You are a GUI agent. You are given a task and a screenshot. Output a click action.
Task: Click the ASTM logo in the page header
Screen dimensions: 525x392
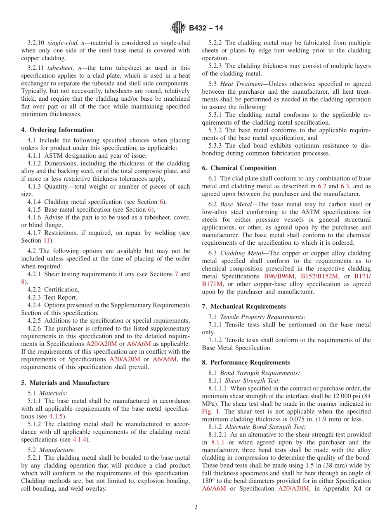click(178, 28)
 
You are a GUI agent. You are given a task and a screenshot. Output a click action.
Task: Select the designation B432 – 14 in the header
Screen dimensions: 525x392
click(206, 28)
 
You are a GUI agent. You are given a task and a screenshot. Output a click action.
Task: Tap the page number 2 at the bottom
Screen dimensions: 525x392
click(196, 507)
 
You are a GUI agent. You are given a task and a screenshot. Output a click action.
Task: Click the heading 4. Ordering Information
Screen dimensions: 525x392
click(57, 130)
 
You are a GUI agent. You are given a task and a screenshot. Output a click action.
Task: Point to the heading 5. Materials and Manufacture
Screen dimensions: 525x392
click(65, 383)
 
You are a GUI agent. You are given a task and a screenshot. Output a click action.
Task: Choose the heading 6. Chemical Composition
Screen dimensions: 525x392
click(239, 168)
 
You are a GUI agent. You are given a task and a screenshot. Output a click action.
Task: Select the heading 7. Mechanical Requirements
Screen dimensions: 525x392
click(243, 306)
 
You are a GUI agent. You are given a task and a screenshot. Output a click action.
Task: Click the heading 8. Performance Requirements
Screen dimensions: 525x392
click(246, 362)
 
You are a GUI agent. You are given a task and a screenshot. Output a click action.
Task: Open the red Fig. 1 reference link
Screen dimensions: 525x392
click(211, 411)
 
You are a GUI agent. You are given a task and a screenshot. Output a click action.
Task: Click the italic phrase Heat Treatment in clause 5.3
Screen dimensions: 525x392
click(241, 84)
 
